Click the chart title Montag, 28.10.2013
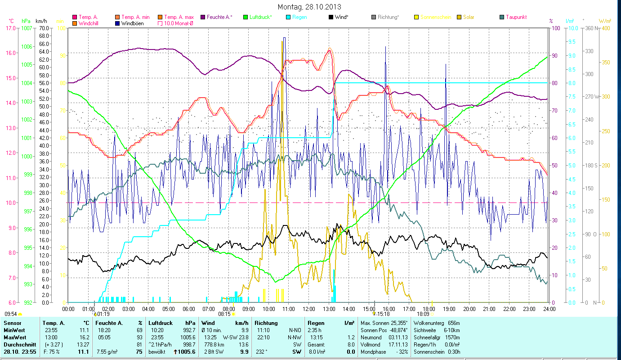click(309, 7)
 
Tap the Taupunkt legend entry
click(515, 17)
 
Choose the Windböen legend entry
click(133, 23)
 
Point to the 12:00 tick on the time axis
click(308, 309)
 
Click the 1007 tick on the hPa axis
click(27, 28)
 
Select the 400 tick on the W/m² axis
click(606, 28)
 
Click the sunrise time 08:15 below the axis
click(224, 314)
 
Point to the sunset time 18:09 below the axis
click(423, 314)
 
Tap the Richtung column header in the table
click(266, 323)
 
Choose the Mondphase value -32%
click(401, 352)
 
